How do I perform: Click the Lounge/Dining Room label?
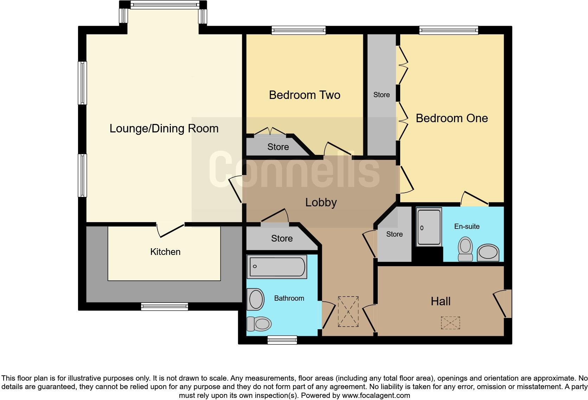coord(164,129)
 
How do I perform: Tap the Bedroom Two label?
coord(305,95)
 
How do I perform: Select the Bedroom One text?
coord(452,118)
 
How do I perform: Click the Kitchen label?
coord(165,252)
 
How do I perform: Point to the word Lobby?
coord(321,202)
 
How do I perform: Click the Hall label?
coord(441,301)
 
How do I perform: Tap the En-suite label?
coord(467,226)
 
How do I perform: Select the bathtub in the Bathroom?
coord(277,267)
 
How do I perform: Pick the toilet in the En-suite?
coord(465,249)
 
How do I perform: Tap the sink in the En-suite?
coord(488,253)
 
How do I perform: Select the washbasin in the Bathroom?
coord(256,299)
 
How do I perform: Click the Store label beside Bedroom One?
coord(382,95)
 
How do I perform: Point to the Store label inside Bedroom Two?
coord(278,147)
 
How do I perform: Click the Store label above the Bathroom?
coord(282,238)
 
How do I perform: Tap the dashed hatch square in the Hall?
coord(450,323)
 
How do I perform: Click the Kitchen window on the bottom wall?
coord(164,307)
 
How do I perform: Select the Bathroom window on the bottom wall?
coord(282,340)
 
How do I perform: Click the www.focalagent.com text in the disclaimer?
coord(376,395)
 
